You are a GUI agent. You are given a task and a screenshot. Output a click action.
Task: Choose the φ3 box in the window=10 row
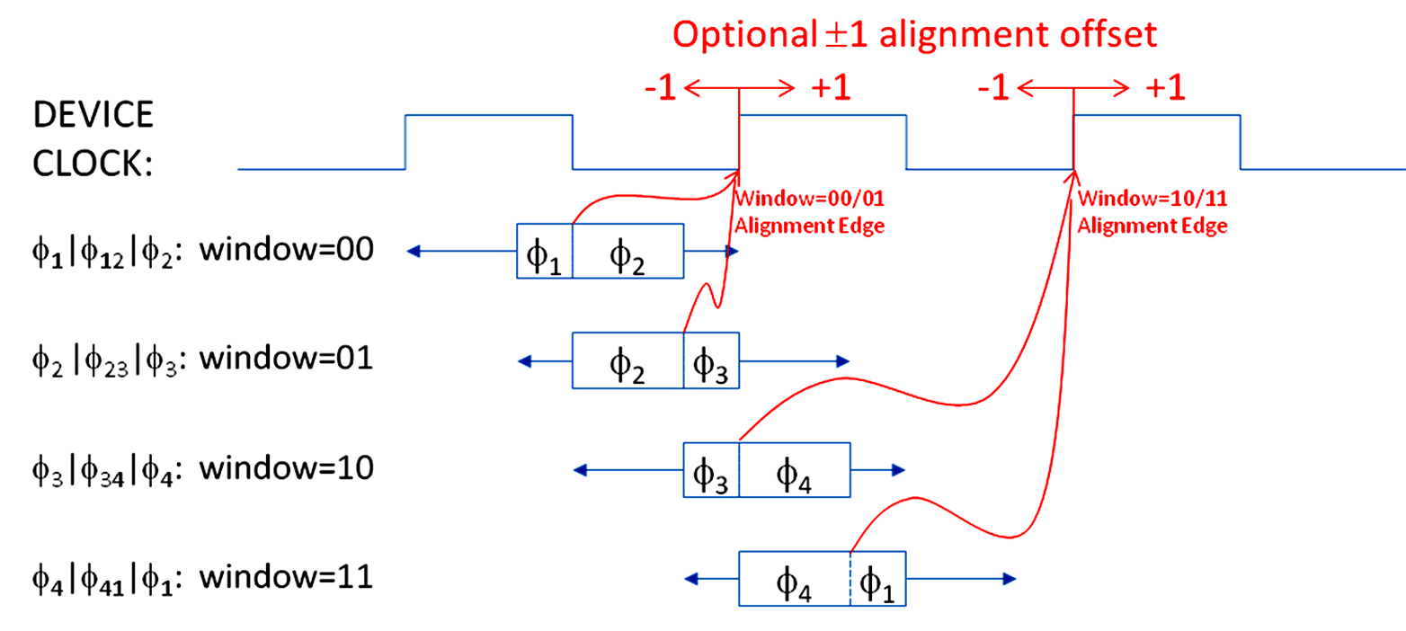pyautogui.click(x=711, y=471)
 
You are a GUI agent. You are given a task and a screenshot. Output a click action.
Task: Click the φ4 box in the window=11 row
pyautogui.click(x=794, y=581)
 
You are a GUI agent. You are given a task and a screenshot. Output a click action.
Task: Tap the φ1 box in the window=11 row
pyautogui.click(x=877, y=581)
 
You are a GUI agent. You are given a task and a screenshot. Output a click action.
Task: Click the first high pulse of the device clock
pyautogui.click(x=489, y=116)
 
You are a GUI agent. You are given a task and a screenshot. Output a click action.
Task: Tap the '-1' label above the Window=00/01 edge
pyautogui.click(x=661, y=88)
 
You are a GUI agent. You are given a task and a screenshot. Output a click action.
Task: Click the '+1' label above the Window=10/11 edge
pyautogui.click(x=1165, y=88)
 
